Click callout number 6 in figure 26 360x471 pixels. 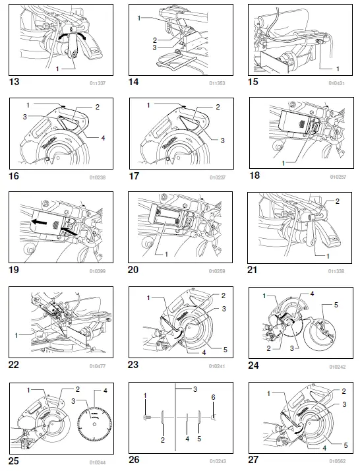click(213, 398)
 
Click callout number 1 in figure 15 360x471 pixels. click(338, 68)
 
